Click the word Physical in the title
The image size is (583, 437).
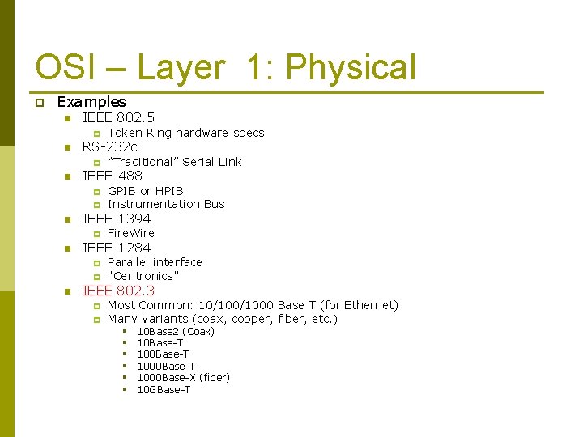[x=351, y=68]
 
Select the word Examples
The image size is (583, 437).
[x=91, y=102]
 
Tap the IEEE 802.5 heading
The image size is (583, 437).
[x=119, y=117]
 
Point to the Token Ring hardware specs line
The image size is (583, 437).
[x=185, y=133]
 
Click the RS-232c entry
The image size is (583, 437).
[x=110, y=146]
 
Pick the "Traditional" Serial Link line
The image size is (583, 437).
[x=174, y=162]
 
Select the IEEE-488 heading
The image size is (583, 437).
[x=113, y=176]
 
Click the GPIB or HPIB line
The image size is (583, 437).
[x=146, y=191]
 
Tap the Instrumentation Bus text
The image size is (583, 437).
[x=166, y=204]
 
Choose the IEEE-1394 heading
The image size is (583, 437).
[x=117, y=218]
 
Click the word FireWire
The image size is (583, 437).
[x=130, y=233]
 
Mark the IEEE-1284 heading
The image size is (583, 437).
[x=117, y=248]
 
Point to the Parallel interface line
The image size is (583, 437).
[x=155, y=262]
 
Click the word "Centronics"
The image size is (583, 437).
[x=143, y=276]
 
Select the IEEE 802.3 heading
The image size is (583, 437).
[x=119, y=291]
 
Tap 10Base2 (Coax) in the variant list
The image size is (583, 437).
[x=176, y=332]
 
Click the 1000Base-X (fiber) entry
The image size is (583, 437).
[x=183, y=378]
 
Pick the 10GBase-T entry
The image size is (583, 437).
[x=164, y=390]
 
